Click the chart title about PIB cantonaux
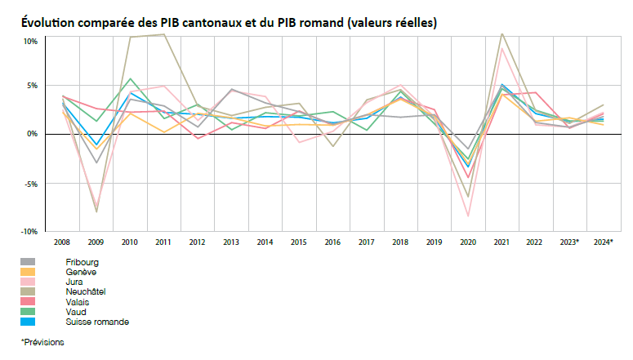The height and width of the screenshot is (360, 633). click(x=230, y=23)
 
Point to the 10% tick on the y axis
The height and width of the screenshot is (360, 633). click(x=30, y=41)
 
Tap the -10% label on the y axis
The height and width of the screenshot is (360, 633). click(x=29, y=232)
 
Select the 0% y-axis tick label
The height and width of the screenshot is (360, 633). click(x=32, y=133)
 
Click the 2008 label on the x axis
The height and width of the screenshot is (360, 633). click(x=62, y=242)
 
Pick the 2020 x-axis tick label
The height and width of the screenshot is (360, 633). click(x=468, y=242)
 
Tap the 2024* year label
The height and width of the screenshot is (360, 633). click(x=603, y=242)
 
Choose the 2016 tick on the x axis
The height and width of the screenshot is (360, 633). click(x=332, y=242)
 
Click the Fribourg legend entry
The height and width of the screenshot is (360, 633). click(x=82, y=262)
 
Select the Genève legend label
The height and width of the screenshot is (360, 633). click(x=81, y=272)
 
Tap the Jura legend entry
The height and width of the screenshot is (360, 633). click(x=74, y=282)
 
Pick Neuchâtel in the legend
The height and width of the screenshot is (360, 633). click(x=86, y=291)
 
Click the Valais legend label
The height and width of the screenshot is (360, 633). click(x=78, y=302)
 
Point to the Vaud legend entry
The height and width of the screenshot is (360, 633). click(x=76, y=312)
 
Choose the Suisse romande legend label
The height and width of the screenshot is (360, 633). click(x=97, y=322)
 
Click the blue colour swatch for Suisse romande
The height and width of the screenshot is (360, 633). click(x=28, y=322)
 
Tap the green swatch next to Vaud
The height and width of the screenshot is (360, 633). click(x=28, y=312)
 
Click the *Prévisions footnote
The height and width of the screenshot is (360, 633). click(x=42, y=342)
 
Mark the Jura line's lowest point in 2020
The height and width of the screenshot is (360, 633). click(x=468, y=216)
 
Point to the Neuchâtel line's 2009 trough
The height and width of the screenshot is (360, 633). click(x=96, y=212)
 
